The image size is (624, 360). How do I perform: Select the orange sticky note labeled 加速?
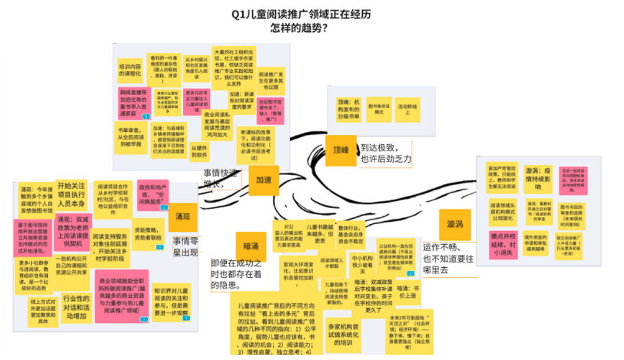[263, 180]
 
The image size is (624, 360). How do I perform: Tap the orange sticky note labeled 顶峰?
[340, 150]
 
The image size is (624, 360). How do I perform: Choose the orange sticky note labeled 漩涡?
[454, 225]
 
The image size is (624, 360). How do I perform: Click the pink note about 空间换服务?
[153, 195]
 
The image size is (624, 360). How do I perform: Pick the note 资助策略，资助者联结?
[148, 233]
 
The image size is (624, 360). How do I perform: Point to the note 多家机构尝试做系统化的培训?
[344, 334]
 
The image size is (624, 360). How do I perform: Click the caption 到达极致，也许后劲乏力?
[385, 154]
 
